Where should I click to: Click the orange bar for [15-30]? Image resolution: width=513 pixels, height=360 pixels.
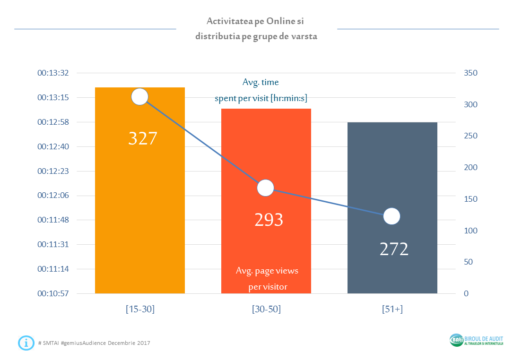tap(139, 190)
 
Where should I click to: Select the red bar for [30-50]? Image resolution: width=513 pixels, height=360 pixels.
tap(266, 201)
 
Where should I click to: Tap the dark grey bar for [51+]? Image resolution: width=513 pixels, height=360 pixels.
tap(392, 207)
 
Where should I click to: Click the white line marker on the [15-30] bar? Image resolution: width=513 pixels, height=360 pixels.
tap(139, 96)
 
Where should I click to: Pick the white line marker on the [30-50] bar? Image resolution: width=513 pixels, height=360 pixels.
tap(265, 188)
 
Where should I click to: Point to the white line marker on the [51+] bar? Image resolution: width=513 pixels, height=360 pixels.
tap(391, 216)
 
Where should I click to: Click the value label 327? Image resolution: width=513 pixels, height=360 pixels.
tap(143, 138)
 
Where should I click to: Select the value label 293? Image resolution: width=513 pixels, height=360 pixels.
tap(269, 220)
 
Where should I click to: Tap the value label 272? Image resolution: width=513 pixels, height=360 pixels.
tap(394, 249)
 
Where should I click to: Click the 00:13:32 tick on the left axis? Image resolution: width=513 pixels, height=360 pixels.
tap(53, 73)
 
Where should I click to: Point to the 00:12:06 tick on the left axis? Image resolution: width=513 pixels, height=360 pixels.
tap(53, 195)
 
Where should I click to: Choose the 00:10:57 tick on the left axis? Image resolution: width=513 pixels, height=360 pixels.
tap(53, 293)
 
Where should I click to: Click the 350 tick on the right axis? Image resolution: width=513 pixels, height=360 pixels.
tap(470, 73)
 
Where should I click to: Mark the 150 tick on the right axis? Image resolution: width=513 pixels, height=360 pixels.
tap(470, 199)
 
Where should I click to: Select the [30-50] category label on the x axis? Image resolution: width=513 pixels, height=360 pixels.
tap(266, 309)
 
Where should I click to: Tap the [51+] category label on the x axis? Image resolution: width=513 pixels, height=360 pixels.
tap(392, 309)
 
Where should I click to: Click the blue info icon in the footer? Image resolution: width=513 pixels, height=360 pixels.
tap(26, 343)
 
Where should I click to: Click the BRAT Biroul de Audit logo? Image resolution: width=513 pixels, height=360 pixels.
tap(477, 340)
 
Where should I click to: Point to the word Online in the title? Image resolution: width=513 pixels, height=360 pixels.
tap(281, 21)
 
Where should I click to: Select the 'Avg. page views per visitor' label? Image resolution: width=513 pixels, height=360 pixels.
tap(267, 279)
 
